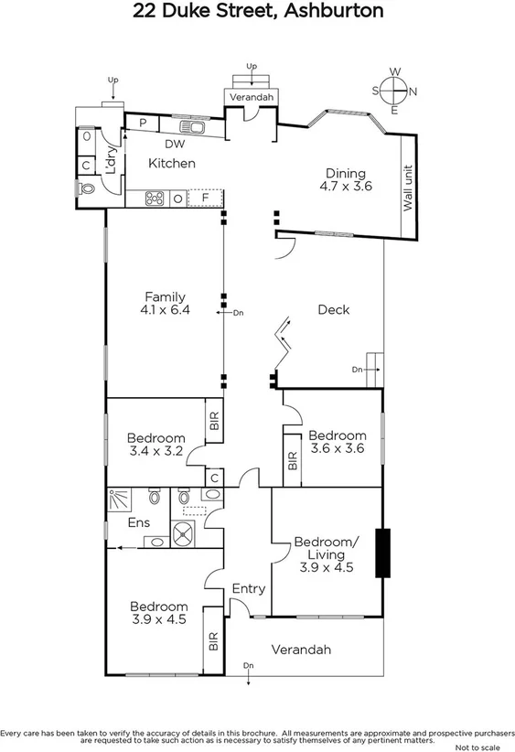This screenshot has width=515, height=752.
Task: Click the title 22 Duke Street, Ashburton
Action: pos(258,12)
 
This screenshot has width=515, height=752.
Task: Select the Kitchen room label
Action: pos(172,163)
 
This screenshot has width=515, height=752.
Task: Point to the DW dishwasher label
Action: pos(175,144)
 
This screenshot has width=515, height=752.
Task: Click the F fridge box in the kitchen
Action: pos(206,197)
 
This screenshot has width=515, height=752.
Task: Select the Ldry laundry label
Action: pos(110,162)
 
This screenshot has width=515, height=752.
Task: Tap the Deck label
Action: pos(333,309)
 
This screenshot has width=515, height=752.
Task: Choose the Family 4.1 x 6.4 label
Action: pos(165,303)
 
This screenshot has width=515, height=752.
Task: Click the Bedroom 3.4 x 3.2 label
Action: pos(156,444)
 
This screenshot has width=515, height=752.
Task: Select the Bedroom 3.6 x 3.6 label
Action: pos(337,442)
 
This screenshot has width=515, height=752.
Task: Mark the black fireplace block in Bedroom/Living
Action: pos(386,553)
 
